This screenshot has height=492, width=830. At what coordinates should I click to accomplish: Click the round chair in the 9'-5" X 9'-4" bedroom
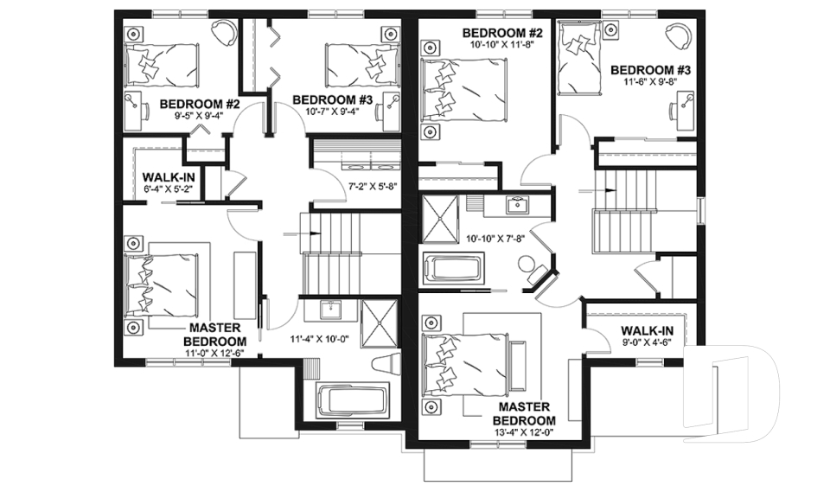225,34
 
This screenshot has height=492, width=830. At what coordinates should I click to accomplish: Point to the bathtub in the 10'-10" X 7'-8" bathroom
455,266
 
